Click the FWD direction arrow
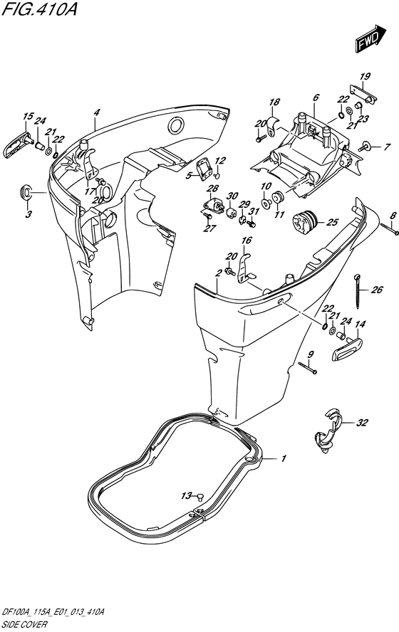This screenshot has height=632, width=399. coord(370,38)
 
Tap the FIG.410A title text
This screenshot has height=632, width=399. coord(38,9)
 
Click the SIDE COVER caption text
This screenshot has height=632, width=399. coord(24,625)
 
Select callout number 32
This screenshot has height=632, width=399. coord(362,423)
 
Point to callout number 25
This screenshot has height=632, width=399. coord(333,222)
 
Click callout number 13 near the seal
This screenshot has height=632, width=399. coord(186,496)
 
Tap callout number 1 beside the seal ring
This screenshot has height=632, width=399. coord(284,458)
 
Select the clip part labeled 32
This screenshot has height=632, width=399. coord(327,431)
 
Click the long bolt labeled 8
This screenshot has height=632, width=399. coord(389,229)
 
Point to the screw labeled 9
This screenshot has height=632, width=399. coord(307,367)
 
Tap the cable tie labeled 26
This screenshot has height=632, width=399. coord(358,290)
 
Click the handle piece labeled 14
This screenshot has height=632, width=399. coord(347,349)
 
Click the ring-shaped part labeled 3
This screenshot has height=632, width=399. coord(26,192)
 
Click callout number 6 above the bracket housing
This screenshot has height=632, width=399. coord(316,98)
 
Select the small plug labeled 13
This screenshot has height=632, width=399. coord(200,496)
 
